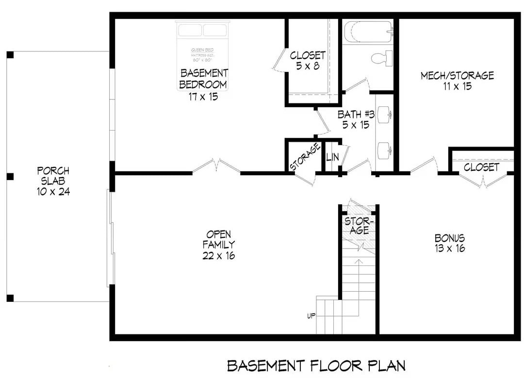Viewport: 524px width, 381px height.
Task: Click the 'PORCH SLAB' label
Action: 53,176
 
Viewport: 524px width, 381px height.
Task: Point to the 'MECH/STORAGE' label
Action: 457,75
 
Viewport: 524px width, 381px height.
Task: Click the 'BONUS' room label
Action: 449,238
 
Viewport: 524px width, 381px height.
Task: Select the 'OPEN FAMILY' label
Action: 218,239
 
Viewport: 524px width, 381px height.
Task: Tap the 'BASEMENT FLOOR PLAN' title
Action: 316,365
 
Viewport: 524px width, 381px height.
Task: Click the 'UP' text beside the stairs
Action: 311,316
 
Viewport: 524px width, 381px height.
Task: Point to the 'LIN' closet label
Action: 332,157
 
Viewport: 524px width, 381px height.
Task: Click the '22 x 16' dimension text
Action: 218,256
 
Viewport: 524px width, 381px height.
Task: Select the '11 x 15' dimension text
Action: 457,87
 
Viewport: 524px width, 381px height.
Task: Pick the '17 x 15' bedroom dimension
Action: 203,97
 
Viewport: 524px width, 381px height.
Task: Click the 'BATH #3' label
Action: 356,115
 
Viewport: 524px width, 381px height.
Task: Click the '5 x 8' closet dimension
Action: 308,66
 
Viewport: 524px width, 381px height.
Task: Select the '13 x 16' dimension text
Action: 449,249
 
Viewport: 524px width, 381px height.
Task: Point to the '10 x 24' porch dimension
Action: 53,192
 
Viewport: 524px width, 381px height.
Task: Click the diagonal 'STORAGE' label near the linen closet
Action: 305,156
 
